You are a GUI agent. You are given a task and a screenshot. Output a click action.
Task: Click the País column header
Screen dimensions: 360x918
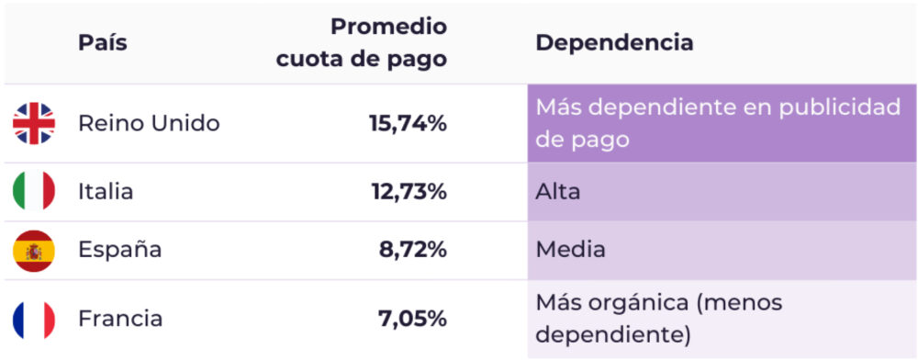pos(102,42)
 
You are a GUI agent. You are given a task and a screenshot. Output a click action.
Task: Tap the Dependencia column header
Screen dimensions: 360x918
pos(614,42)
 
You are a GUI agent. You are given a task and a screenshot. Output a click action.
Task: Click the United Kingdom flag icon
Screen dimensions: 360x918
pos(34,123)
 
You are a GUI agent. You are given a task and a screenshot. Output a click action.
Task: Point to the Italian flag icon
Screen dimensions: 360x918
pos(34,192)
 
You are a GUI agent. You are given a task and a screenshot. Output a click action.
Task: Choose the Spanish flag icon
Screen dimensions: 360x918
pos(34,250)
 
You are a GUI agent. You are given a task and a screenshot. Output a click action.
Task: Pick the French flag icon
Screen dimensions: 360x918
pos(34,319)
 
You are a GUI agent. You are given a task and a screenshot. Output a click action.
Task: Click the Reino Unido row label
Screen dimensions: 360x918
pos(149,123)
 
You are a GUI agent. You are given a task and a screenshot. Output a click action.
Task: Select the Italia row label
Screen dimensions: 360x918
pos(106,192)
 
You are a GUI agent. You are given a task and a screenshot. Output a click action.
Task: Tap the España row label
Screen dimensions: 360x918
pos(119,250)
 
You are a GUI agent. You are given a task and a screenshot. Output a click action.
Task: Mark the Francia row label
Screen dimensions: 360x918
pos(120,319)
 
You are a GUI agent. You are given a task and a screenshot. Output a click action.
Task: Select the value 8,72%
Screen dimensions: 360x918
pos(412,250)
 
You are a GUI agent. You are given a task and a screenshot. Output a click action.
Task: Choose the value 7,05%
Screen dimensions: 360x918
pos(412,319)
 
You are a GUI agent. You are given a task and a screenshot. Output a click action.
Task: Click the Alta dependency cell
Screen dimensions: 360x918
pos(558,192)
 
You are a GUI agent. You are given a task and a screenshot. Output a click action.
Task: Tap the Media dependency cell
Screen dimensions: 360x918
pos(570,250)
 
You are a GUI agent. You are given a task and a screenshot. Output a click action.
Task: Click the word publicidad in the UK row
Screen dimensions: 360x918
pos(840,107)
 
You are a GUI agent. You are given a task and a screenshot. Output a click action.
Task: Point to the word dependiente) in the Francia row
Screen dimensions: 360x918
pos(612,334)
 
